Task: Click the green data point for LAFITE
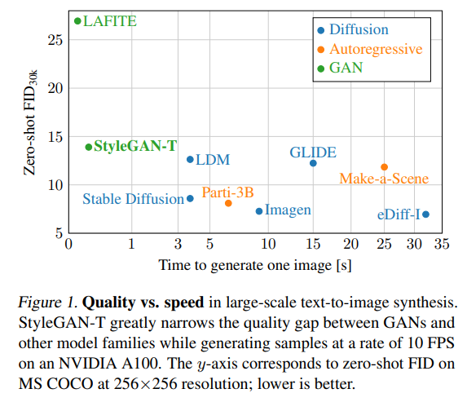click(77, 21)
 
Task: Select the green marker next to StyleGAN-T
click(89, 147)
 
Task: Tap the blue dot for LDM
click(190, 160)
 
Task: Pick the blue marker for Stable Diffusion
click(191, 198)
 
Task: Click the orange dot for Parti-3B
click(228, 203)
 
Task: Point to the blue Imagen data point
click(259, 211)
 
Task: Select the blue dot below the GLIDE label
click(313, 163)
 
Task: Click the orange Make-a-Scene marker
click(385, 167)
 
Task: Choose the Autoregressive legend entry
click(375, 49)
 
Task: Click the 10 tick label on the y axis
click(55, 184)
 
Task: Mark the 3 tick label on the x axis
click(178, 244)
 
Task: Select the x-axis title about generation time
click(256, 264)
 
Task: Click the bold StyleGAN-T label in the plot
click(135, 147)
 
